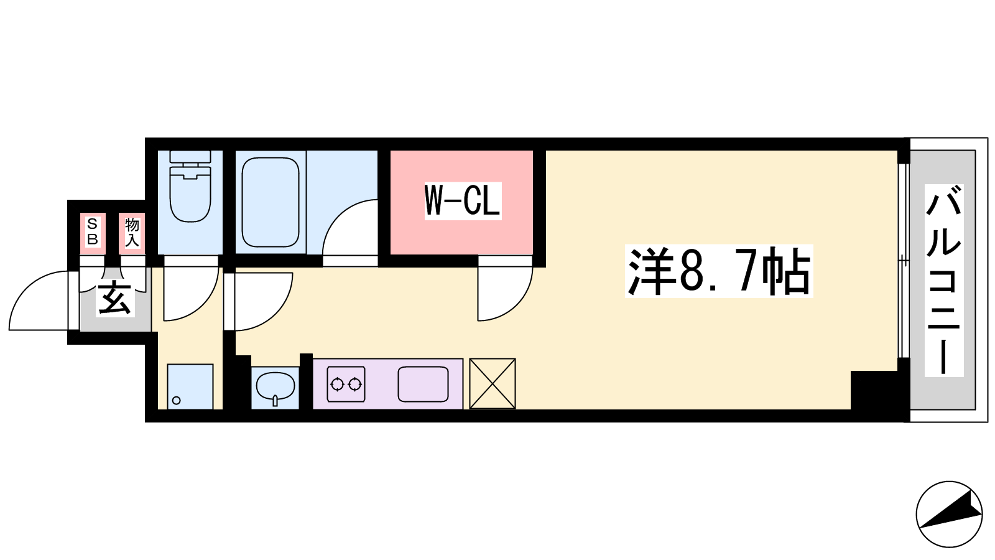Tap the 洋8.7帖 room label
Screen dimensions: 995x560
pyautogui.click(x=719, y=271)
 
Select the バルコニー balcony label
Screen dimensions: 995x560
pyautogui.click(x=944, y=280)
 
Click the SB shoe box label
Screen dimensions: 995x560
pyautogui.click(x=93, y=231)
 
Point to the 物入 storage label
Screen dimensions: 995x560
pyautogui.click(x=132, y=232)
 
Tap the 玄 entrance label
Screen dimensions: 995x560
pyautogui.click(x=115, y=298)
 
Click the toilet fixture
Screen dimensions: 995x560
pyautogui.click(x=190, y=186)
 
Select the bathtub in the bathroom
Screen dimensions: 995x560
pyautogui.click(x=270, y=202)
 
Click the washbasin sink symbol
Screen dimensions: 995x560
pyautogui.click(x=275, y=387)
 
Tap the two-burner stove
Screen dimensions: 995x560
pyautogui.click(x=346, y=384)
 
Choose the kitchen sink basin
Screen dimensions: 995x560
pyautogui.click(x=423, y=384)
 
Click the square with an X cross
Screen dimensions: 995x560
pyautogui.click(x=492, y=383)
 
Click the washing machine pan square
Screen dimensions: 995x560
pyautogui.click(x=190, y=386)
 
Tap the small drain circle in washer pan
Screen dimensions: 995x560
pyautogui.click(x=177, y=401)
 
